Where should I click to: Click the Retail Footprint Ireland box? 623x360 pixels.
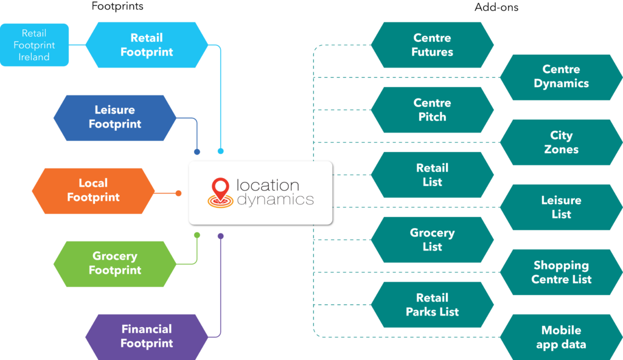(35, 45)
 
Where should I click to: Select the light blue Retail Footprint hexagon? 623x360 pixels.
(147, 45)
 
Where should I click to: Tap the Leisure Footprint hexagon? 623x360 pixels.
(115, 117)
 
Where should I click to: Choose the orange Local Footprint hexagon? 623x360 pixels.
(93, 190)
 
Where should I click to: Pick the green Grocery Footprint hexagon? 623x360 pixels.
(115, 263)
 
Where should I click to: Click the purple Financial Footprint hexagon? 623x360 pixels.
(147, 336)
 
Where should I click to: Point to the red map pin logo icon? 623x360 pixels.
(220, 192)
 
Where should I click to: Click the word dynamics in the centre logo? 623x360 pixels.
(275, 199)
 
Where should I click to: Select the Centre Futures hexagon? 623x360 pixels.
(432, 45)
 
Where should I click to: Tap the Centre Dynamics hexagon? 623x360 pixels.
(561, 77)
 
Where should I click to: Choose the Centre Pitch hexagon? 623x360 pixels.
(432, 110)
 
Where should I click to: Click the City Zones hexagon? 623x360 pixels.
(561, 142)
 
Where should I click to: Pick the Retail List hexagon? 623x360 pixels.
(432, 175)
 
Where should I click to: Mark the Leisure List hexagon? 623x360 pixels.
(561, 207)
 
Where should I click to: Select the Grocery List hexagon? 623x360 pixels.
(432, 240)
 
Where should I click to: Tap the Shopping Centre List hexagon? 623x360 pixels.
(561, 272)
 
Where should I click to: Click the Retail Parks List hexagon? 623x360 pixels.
(432, 305)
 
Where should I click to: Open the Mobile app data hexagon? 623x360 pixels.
(561, 337)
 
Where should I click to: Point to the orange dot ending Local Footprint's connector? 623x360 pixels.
(178, 193)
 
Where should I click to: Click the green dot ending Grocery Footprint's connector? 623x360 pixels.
(197, 235)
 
